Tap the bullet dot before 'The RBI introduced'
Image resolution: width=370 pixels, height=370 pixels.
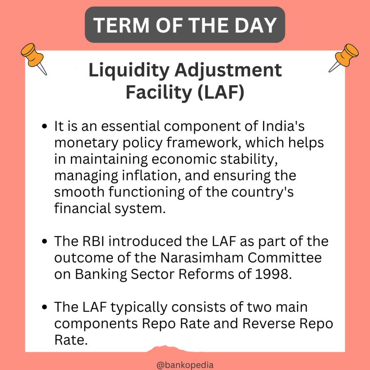45,241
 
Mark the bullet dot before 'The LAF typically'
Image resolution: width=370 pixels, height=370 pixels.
45,307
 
